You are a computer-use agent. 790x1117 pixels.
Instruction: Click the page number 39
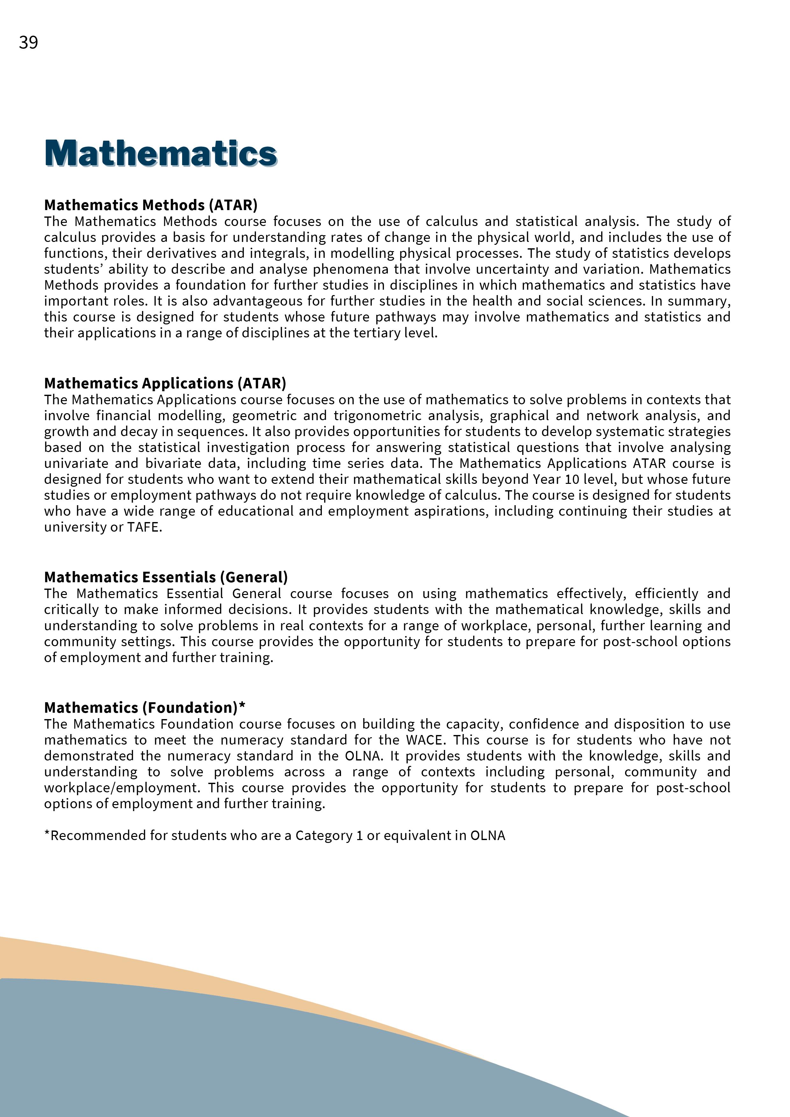click(x=28, y=43)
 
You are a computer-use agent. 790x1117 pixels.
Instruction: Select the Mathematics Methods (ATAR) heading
click(x=151, y=205)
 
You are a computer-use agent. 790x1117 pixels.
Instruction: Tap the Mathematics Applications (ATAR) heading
click(x=165, y=383)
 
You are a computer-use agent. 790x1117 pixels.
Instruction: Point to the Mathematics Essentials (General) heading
click(x=166, y=577)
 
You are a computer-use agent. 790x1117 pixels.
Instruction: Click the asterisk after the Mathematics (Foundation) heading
click(x=242, y=706)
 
